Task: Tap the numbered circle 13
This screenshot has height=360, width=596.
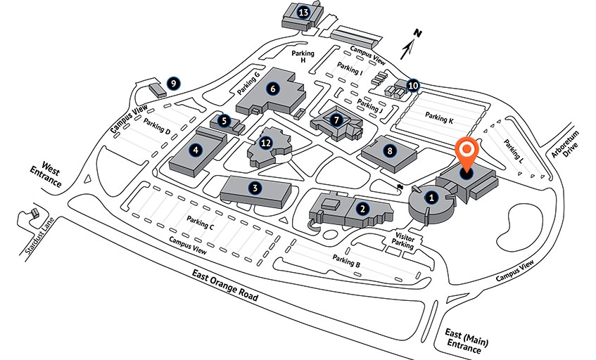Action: click(x=304, y=12)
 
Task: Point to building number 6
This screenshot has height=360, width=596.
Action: click(x=273, y=89)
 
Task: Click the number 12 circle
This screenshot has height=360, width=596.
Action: click(x=265, y=143)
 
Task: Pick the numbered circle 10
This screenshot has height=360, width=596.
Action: click(x=413, y=86)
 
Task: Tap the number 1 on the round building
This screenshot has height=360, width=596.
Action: click(x=432, y=198)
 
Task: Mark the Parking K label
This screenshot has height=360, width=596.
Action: click(x=440, y=118)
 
